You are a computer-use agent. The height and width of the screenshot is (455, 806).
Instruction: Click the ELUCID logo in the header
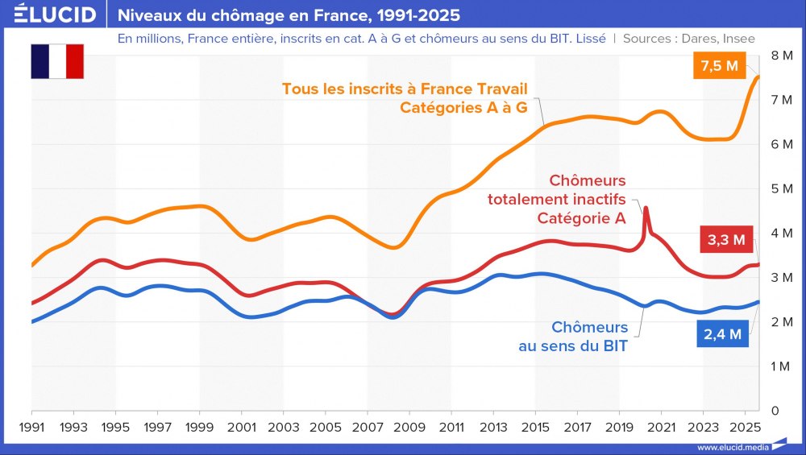click(x=55, y=14)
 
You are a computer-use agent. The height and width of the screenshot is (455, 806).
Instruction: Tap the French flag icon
click(x=57, y=61)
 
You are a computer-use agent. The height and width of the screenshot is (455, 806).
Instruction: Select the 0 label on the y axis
click(x=775, y=411)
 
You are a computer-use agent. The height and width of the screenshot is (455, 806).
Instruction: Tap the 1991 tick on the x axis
click(x=31, y=426)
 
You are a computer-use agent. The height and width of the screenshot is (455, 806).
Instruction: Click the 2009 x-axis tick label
click(x=409, y=426)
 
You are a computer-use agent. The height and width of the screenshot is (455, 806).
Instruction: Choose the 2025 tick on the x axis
click(x=746, y=426)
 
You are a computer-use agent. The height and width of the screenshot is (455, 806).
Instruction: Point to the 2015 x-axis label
click(x=535, y=426)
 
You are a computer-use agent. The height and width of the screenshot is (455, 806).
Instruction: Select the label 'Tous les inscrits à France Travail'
click(x=405, y=89)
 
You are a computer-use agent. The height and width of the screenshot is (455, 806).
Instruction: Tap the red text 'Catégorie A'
click(x=581, y=218)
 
